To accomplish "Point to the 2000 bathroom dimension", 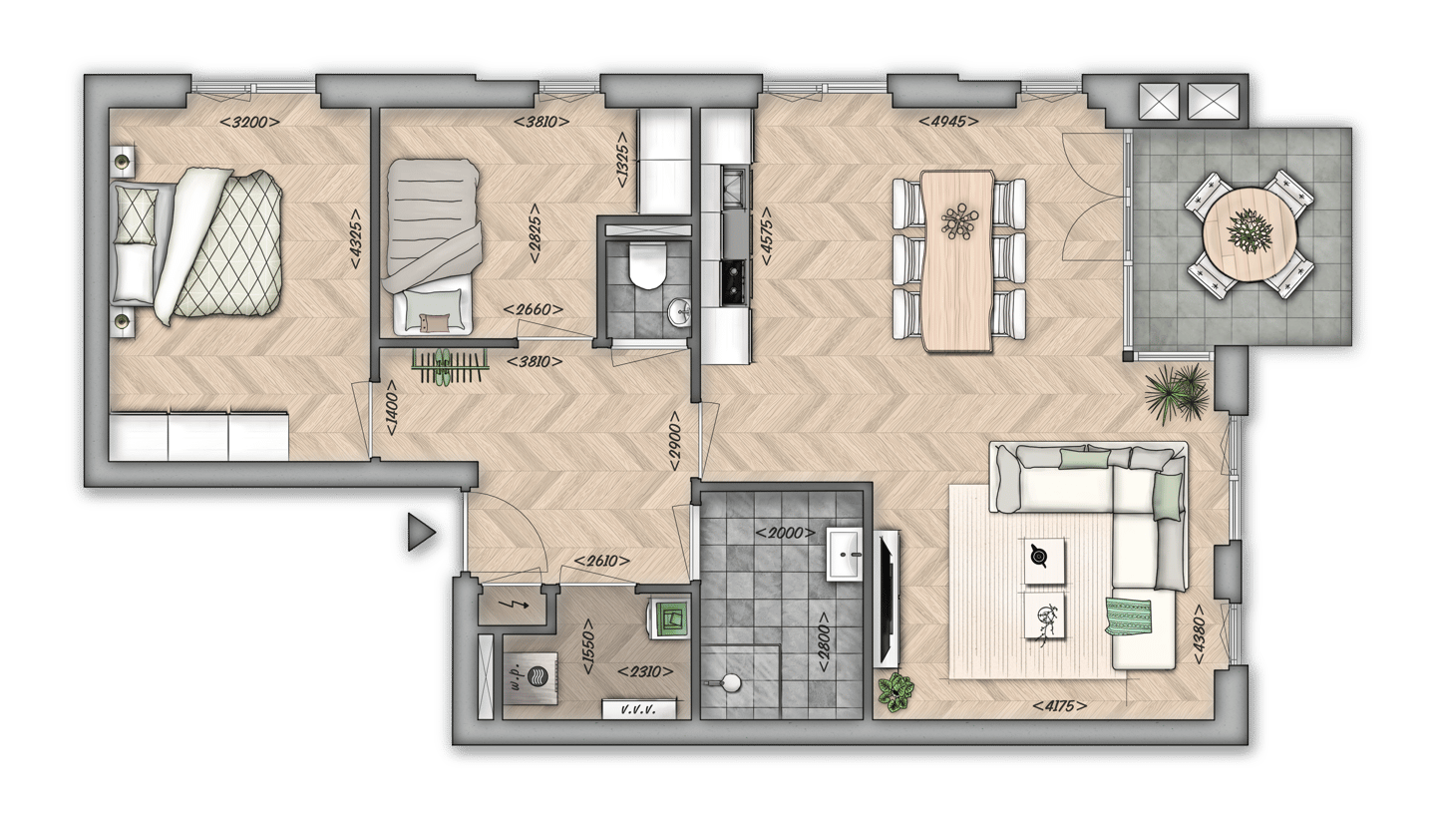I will coord(786,534).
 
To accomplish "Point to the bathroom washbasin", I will coord(850,554).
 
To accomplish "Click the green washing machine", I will coord(671,617).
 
